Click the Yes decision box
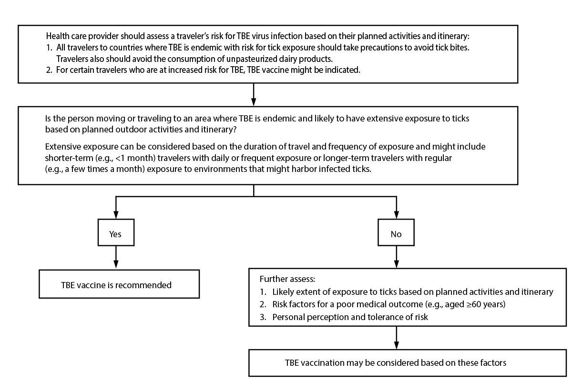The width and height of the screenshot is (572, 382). [115, 234]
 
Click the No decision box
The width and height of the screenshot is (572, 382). [396, 234]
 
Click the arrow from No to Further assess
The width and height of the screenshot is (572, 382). [396, 257]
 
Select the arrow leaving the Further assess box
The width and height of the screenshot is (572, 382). [396, 338]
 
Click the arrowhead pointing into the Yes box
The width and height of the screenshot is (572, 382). [115, 214]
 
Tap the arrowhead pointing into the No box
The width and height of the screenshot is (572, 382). [396, 214]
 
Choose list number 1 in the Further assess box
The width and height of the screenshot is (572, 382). [263, 292]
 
